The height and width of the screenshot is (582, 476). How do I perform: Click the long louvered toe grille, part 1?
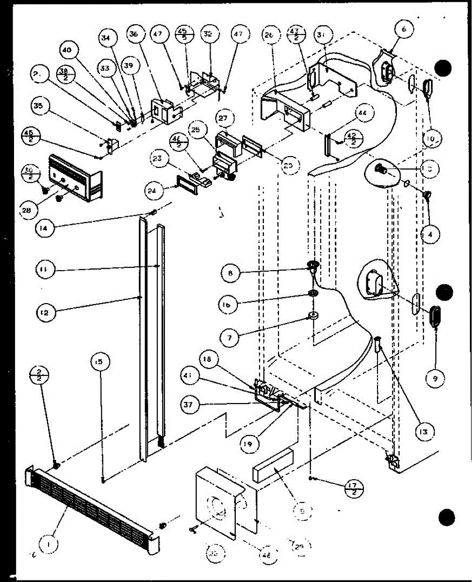[92, 504]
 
